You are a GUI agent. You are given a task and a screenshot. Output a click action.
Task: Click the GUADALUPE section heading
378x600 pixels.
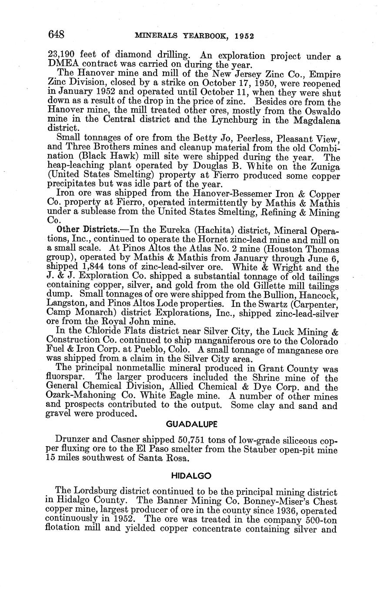point(192,423)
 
